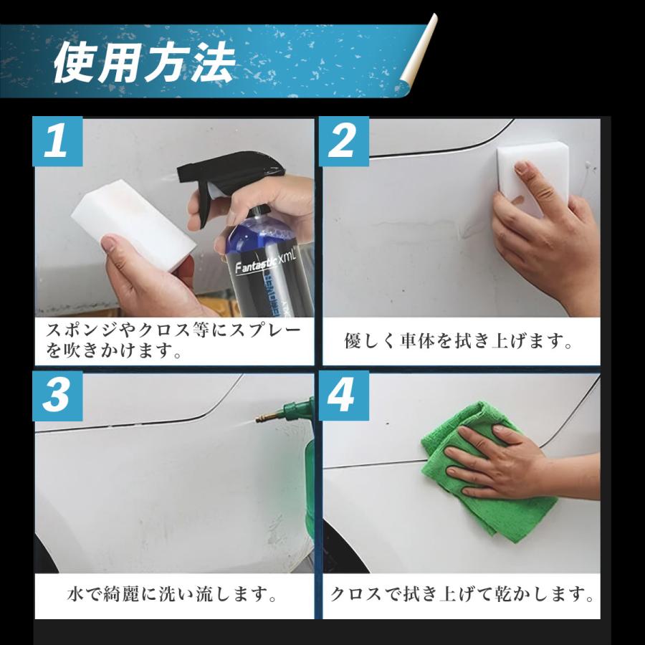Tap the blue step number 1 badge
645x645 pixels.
pos(57,140)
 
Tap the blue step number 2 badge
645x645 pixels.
pos(343,140)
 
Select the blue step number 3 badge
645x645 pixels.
pos(57,395)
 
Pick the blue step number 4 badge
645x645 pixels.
pos(345,395)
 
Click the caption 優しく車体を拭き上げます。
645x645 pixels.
pos(459,341)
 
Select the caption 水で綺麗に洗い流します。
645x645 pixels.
pos(172,594)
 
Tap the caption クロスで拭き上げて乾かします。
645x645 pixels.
pos(462,594)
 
